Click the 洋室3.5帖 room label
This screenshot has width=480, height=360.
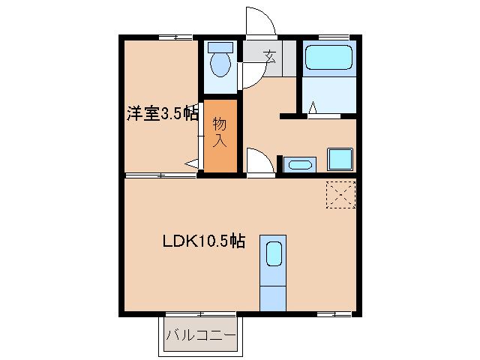click(162, 114)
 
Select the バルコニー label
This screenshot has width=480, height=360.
click(200, 334)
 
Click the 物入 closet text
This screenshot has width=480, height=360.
click(220, 131)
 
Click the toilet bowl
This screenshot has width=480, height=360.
click(220, 64)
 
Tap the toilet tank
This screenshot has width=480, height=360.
click(220, 46)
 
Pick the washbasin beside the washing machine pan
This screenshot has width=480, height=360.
click(301, 163)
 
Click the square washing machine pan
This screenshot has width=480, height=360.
click(339, 160)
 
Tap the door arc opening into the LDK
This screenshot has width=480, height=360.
click(259, 160)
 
